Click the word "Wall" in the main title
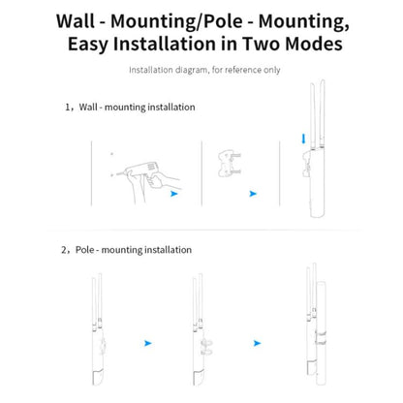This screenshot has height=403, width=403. [77, 21]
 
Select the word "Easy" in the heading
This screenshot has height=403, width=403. [87, 45]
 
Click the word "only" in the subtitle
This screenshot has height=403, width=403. [272, 70]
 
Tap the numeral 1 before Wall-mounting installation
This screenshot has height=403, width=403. [68, 108]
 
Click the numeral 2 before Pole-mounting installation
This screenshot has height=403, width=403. [64, 250]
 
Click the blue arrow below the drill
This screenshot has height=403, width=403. [174, 194]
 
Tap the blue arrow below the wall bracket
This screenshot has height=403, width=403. [253, 194]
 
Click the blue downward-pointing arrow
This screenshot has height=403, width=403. [303, 139]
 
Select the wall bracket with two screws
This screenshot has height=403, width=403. [230, 163]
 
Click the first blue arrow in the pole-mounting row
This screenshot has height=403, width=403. [148, 343]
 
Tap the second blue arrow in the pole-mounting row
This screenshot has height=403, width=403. [257, 343]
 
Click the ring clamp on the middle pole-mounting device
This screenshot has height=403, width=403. [206, 347]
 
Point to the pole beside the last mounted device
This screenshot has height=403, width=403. [321, 333]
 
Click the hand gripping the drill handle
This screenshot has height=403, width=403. [157, 181]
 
